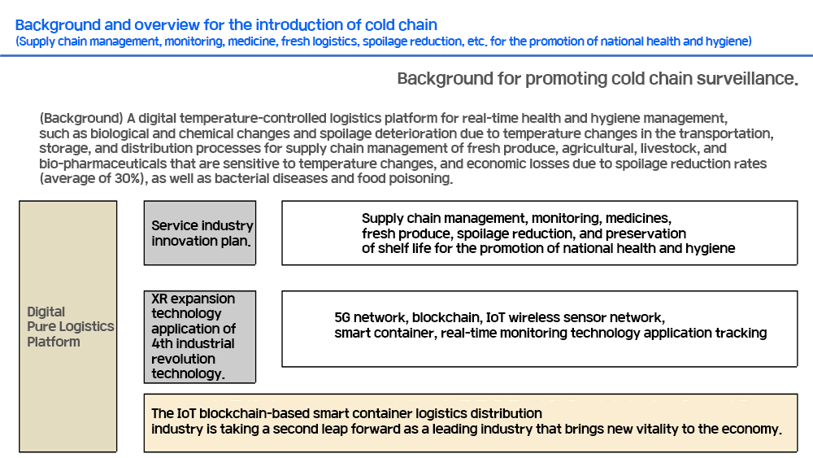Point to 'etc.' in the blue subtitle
click(477, 41)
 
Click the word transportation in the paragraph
click(726, 134)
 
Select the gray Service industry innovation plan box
click(200, 233)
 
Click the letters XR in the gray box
click(159, 299)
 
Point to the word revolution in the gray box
click(183, 359)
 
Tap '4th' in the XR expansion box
click(162, 343)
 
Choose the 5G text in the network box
click(342, 317)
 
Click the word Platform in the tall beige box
click(54, 342)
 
